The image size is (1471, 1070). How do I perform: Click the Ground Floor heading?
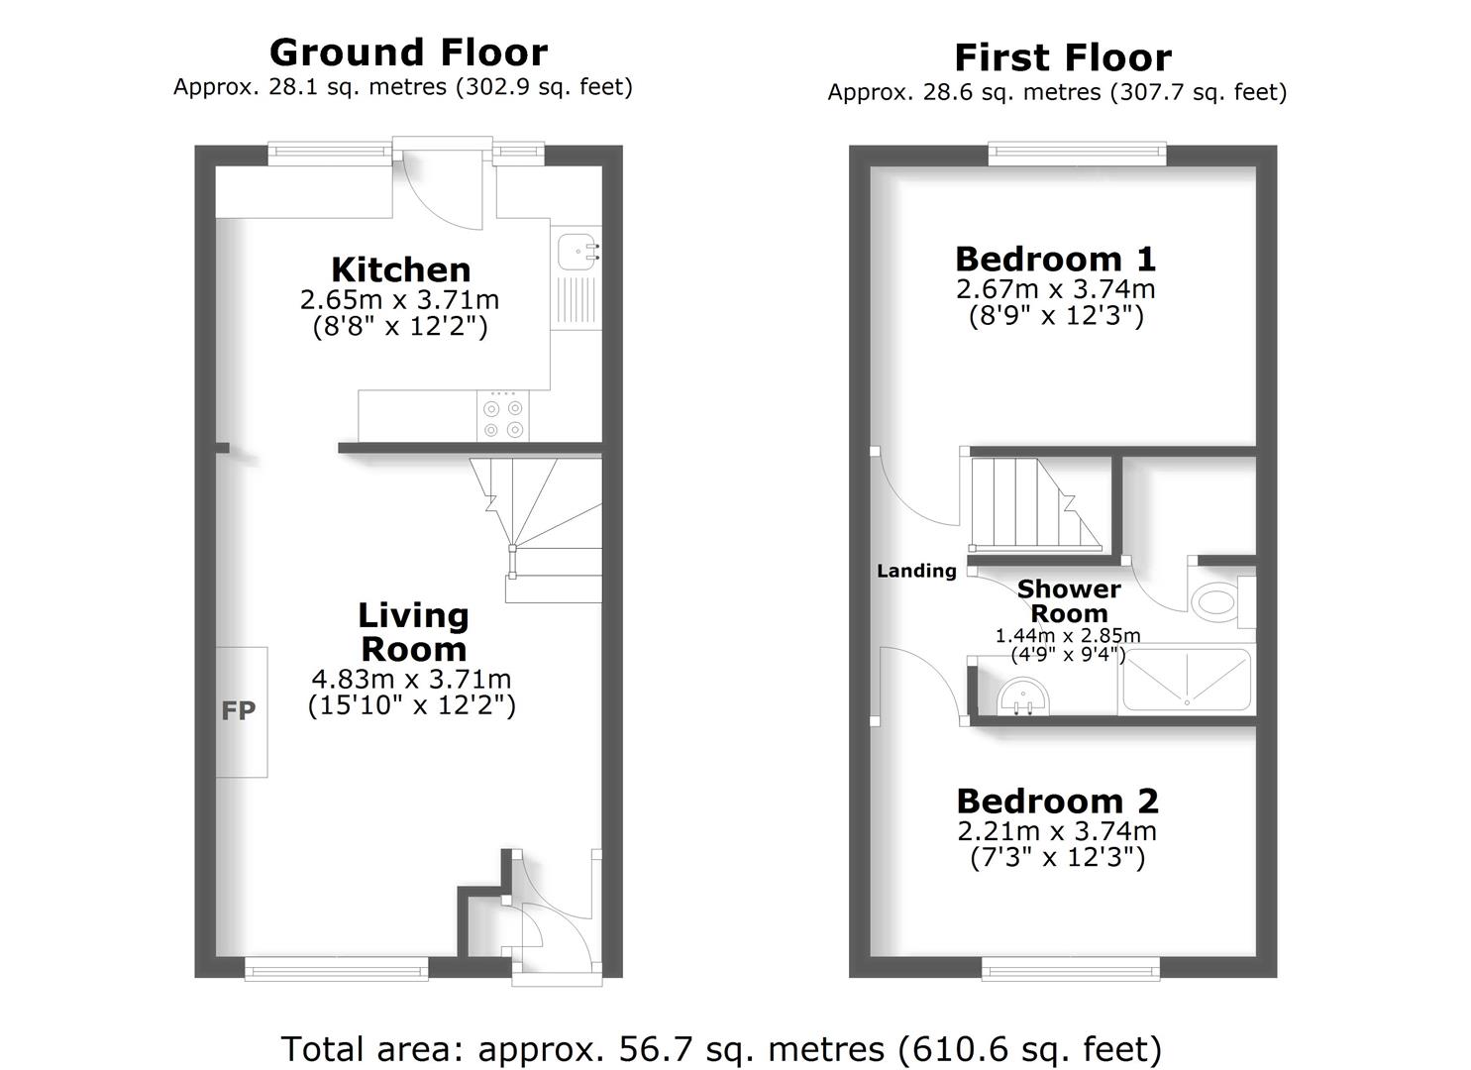pyautogui.click(x=408, y=53)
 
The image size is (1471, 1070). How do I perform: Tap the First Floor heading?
pyautogui.click(x=1062, y=58)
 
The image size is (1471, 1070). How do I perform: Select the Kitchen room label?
pyautogui.click(x=400, y=269)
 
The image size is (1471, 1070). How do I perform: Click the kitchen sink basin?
pyautogui.click(x=576, y=252)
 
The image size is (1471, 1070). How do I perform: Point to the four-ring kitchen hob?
pyautogui.click(x=503, y=417)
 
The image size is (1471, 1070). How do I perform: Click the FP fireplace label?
pyautogui.click(x=239, y=710)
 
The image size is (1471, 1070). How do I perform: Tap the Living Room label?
pyautogui.click(x=413, y=632)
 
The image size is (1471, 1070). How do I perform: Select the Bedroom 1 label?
pyautogui.click(x=1055, y=259)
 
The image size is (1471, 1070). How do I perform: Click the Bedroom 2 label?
pyautogui.click(x=1057, y=801)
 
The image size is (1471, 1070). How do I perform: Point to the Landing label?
pyautogui.click(x=916, y=571)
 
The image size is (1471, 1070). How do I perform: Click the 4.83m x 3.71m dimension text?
pyautogui.click(x=411, y=680)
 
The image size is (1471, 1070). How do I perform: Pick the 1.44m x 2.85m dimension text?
pyautogui.click(x=1068, y=636)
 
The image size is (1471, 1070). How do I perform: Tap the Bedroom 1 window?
pyautogui.click(x=1077, y=152)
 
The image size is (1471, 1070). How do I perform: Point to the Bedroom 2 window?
pyautogui.click(x=1071, y=968)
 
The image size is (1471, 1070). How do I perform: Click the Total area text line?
pyautogui.click(x=721, y=1048)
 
